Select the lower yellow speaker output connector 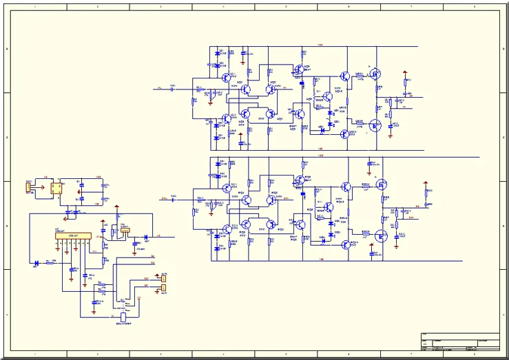tap(163, 288)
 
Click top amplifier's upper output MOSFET tap(375, 74)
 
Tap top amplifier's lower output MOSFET tap(375, 125)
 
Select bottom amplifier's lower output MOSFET tap(381, 234)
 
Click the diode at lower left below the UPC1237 tap(36, 262)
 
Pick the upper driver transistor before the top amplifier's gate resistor tap(343, 77)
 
